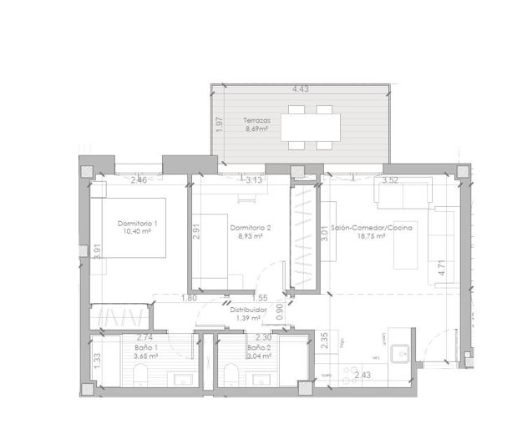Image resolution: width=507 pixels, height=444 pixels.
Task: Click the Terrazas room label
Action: pos(256,120)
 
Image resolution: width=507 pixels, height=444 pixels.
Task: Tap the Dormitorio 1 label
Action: pos(137,224)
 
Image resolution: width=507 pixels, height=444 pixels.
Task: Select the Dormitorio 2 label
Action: pos(251,227)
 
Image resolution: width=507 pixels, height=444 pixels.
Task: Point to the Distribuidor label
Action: pos(248,310)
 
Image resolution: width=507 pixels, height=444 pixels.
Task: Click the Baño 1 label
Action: pos(147,347)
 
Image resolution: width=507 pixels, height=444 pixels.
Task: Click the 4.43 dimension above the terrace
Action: pos(301,88)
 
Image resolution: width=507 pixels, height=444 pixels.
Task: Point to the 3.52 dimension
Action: pos(389,179)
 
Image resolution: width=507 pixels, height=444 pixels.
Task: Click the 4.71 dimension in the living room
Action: pos(440,269)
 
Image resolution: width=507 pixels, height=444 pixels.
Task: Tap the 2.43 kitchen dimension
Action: pos(363,376)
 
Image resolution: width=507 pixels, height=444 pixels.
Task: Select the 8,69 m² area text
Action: pos(256,129)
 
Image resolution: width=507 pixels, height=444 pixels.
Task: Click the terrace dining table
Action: pos(311,128)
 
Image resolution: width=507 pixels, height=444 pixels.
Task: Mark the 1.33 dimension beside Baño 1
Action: pos(98,359)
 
